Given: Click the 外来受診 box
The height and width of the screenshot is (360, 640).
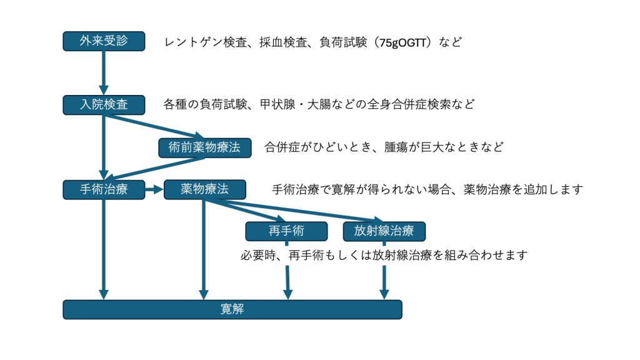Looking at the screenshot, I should point(104,41).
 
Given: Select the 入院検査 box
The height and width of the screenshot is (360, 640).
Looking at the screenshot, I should point(104,104).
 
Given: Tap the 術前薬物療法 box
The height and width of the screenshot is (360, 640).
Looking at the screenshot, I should point(204,147).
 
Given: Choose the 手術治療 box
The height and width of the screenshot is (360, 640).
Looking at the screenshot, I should point(104,189).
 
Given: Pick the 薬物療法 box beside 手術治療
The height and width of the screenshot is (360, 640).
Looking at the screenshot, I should point(204,189).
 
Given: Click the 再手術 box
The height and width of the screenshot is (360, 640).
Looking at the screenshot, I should point(286,231).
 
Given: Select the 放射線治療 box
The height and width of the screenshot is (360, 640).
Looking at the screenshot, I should point(384,231).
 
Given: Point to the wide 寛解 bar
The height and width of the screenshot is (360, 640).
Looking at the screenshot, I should point(232,309).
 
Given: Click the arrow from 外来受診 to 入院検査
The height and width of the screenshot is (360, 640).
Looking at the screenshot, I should point(104,72).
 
